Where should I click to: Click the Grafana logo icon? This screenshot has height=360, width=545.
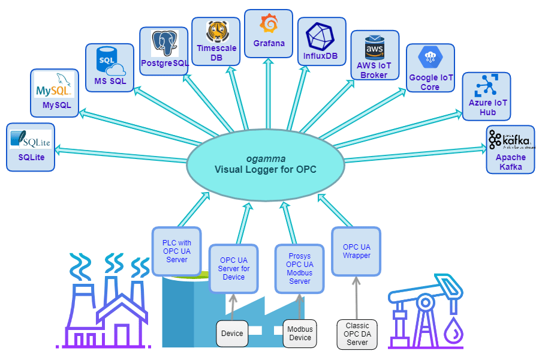pyautogui.click(x=268, y=24)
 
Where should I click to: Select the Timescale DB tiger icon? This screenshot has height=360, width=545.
pyautogui.click(x=215, y=31)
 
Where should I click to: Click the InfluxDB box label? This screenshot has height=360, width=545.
pyautogui.click(x=321, y=56)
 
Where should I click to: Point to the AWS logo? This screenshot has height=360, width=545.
pyautogui.click(x=374, y=47)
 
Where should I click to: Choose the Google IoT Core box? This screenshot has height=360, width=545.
pyautogui.click(x=430, y=67)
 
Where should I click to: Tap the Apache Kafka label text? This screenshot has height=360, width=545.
pyautogui.click(x=510, y=162)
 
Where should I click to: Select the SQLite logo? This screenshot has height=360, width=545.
pyautogui.click(x=30, y=140)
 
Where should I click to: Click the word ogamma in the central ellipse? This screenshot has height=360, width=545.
pyautogui.click(x=266, y=158)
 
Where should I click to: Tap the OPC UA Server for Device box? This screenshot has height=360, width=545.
pyautogui.click(x=233, y=268)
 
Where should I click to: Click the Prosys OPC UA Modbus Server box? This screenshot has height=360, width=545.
pyautogui.click(x=299, y=268)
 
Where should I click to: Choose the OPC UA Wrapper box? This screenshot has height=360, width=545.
pyautogui.click(x=356, y=251)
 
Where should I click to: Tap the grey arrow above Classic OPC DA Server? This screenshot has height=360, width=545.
pyautogui.click(x=357, y=297)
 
